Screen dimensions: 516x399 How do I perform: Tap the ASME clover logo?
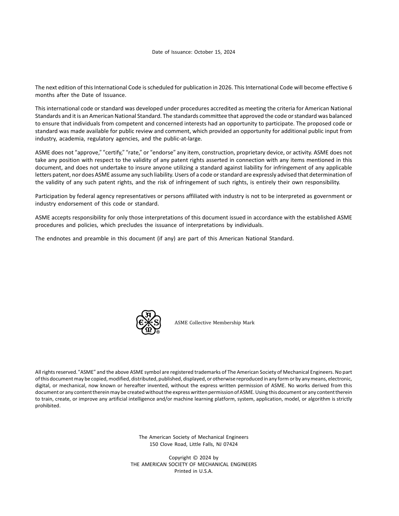148,322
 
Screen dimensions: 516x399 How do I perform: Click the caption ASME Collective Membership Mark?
214,323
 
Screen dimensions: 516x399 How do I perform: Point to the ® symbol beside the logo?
158,332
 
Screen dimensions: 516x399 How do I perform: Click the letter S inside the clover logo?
156,323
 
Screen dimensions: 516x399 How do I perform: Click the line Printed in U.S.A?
194,471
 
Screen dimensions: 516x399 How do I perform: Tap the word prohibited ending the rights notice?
48,406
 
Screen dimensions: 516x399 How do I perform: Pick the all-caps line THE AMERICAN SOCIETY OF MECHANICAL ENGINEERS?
194,464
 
